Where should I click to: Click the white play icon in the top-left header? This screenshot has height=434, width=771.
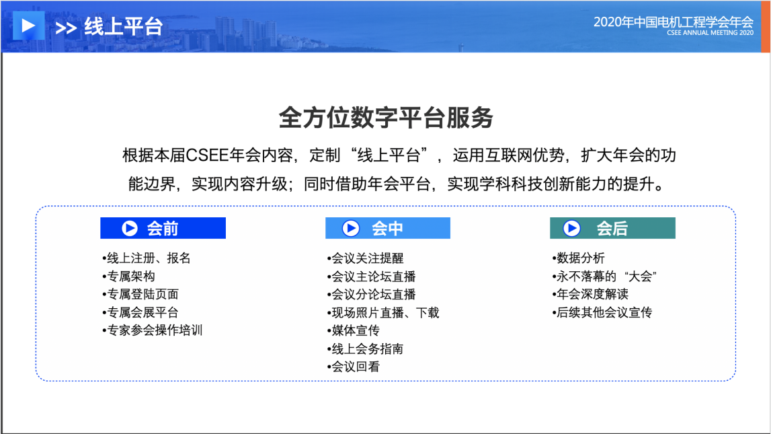(x=28, y=25)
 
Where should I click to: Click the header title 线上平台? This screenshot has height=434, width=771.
(x=123, y=26)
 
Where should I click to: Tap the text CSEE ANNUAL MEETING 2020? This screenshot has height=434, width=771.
(x=710, y=33)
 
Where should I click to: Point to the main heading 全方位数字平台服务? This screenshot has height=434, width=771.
(x=386, y=118)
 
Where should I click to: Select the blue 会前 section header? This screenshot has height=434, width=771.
(x=163, y=228)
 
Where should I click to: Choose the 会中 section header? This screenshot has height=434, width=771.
(x=387, y=228)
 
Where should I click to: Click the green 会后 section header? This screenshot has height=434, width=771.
(x=612, y=228)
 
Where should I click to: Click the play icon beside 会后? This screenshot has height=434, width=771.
(x=571, y=228)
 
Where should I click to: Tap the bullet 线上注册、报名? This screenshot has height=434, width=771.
(x=147, y=258)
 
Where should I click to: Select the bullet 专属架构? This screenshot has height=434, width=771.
(x=129, y=277)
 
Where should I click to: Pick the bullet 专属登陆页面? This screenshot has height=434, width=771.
(x=140, y=294)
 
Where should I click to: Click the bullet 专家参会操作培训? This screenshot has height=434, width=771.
(x=153, y=330)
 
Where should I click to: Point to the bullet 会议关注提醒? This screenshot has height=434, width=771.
(x=366, y=258)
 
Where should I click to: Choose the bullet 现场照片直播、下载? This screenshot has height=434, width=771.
(x=383, y=312)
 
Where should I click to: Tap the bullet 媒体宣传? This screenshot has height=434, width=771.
(x=354, y=330)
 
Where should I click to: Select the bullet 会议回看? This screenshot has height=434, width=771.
(x=354, y=367)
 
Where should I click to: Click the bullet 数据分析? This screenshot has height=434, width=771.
(x=578, y=258)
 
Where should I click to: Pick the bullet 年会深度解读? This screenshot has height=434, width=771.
(x=590, y=294)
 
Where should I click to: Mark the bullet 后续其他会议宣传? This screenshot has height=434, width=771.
(x=602, y=312)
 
